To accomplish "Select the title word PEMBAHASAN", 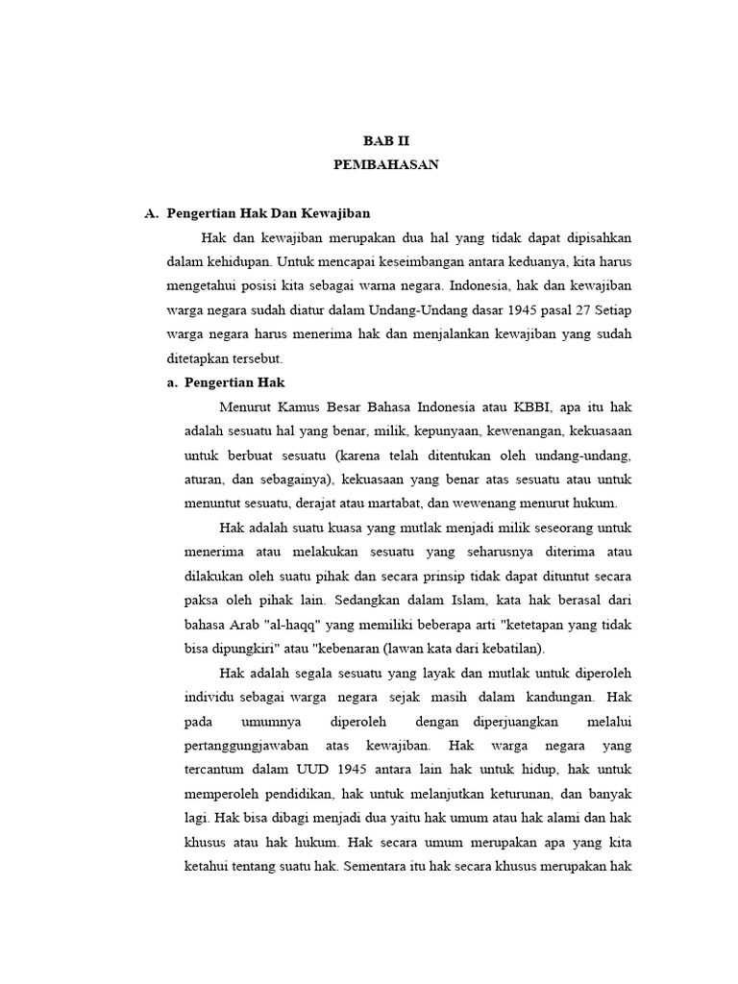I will [386, 164].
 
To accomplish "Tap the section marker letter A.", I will [151, 213].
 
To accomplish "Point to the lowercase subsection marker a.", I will [173, 382].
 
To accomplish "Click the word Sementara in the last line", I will [383, 866].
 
